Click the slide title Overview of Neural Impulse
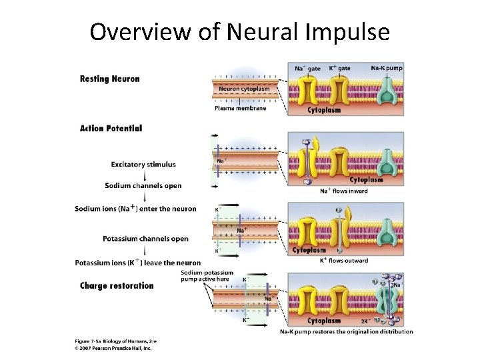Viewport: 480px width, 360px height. coord(239,31)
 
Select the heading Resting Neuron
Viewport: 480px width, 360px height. coord(110,79)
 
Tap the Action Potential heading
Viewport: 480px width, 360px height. coord(111,128)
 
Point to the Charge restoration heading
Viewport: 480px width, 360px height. coord(117,286)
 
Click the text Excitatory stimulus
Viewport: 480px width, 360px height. coord(143,165)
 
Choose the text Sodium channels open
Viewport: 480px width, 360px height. coord(143,185)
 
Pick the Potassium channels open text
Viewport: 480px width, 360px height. coord(145,239)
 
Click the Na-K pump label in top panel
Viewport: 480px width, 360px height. coord(387,68)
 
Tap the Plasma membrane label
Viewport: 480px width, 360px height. coord(240,108)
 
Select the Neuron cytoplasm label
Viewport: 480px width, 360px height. coord(245,89)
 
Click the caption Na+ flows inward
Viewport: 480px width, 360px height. coord(343,191)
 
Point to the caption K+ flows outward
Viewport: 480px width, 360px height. coord(343,261)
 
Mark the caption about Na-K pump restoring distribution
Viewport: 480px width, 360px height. coord(346,331)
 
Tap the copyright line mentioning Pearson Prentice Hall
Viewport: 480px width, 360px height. coord(113,348)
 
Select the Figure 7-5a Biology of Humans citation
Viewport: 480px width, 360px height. coord(114,341)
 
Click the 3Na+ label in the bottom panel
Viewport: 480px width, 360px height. coord(395,285)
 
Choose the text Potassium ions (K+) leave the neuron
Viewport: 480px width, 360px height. coord(137,263)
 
